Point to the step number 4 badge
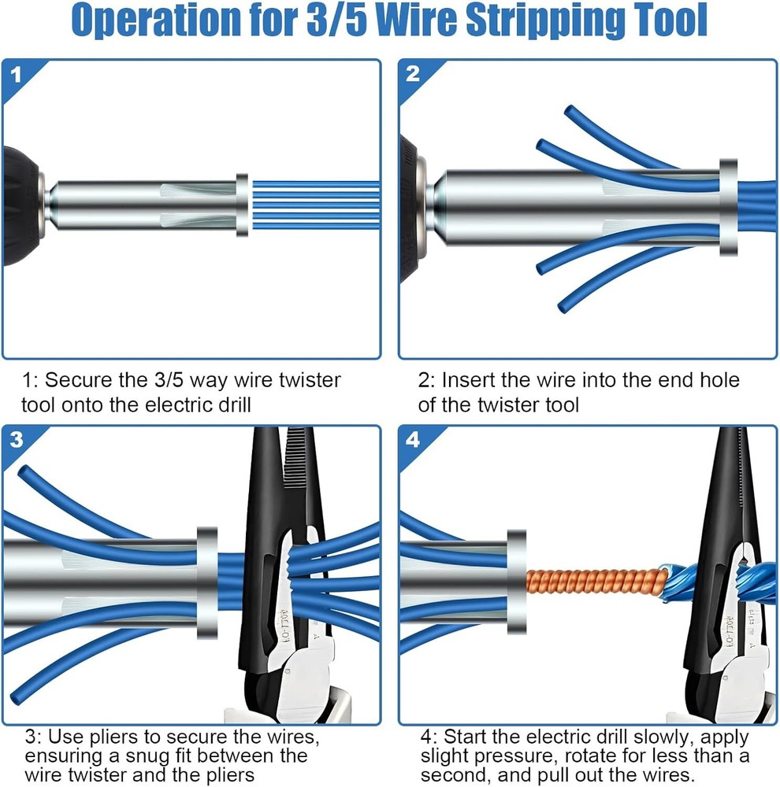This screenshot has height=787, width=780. (413, 440)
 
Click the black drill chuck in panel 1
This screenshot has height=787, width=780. (19, 205)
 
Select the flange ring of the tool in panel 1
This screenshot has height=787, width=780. (242, 205)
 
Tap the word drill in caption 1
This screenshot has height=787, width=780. (237, 405)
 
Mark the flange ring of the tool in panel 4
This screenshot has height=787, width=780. (516, 583)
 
